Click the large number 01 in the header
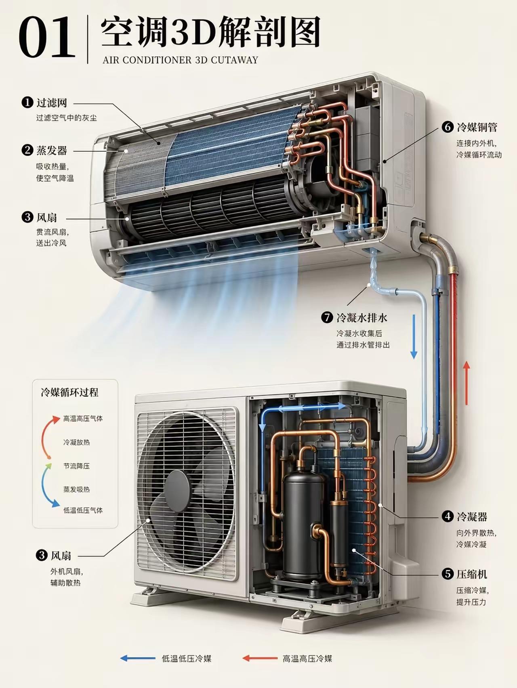pos(47,38)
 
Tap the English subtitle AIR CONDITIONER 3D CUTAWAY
pos(180,60)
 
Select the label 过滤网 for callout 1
pos(52,103)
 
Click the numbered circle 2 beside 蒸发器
pos(27,150)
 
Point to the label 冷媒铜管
pos(477,127)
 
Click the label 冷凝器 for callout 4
pos(472,516)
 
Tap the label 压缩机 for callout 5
pos(472,574)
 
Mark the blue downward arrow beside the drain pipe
pos(414,336)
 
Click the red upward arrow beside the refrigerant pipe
pos(467,383)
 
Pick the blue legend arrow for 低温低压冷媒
pos(138,658)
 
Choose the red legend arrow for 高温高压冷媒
pos(260,658)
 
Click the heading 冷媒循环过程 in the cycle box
pos(69,392)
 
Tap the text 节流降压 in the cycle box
pos(76,466)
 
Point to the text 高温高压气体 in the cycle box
pos(83,419)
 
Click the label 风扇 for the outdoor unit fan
pos(61,556)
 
